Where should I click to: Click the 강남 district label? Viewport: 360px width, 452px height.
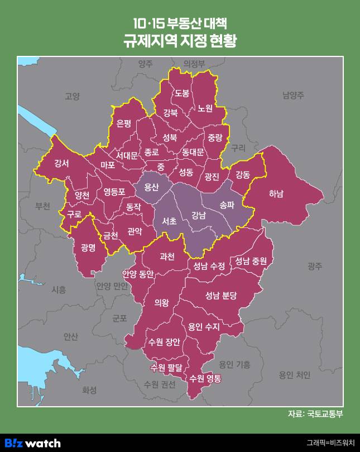tap(198, 215)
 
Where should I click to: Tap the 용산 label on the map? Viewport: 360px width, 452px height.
tap(152, 187)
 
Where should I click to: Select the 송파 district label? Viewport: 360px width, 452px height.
tap(227, 204)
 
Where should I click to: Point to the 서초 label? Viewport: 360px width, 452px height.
tap(169, 222)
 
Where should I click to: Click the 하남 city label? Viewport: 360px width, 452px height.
tap(276, 194)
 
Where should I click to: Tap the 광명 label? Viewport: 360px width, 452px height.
tap(89, 248)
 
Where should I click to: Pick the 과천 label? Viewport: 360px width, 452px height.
tap(167, 256)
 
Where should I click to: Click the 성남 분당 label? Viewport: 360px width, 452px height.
tap(221, 294)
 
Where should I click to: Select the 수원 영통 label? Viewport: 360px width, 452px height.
tap(205, 378)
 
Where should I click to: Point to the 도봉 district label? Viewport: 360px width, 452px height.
tap(182, 92)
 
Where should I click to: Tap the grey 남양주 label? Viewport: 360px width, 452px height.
tap(292, 95)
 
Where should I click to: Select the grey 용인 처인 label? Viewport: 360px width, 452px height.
tap(294, 375)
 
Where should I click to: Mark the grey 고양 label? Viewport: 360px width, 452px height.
tap(73, 96)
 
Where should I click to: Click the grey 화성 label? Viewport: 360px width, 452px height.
tap(89, 389)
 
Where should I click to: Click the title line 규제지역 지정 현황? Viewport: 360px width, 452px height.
tap(180, 42)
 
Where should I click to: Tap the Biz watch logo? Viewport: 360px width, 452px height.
tap(35, 443)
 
